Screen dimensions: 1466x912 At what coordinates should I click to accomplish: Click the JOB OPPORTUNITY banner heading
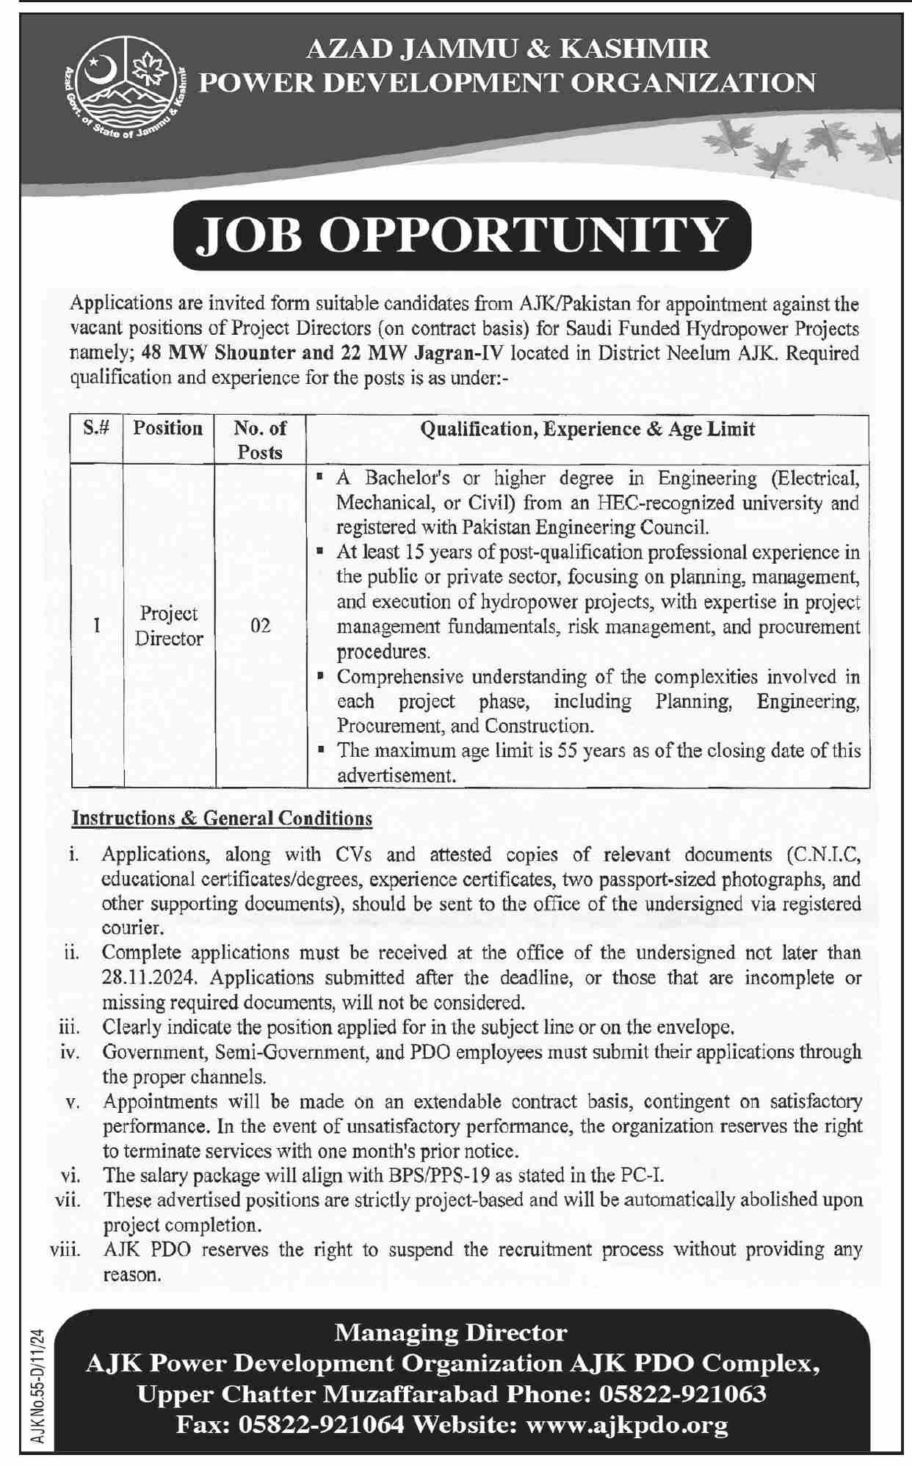coord(463,235)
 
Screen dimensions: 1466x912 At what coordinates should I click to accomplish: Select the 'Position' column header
coord(168,429)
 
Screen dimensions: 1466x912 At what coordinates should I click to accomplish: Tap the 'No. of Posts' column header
coord(260,440)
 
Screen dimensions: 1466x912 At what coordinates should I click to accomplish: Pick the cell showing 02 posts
coord(260,625)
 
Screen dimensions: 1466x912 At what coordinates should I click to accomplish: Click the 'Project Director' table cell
coord(168,625)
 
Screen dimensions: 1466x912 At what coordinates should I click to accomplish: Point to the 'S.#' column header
coord(96,429)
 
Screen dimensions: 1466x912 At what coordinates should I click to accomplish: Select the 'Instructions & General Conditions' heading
coord(222,818)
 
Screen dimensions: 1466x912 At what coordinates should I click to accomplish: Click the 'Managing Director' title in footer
coord(451,1332)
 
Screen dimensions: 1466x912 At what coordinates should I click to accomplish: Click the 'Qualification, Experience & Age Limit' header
coord(587,429)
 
